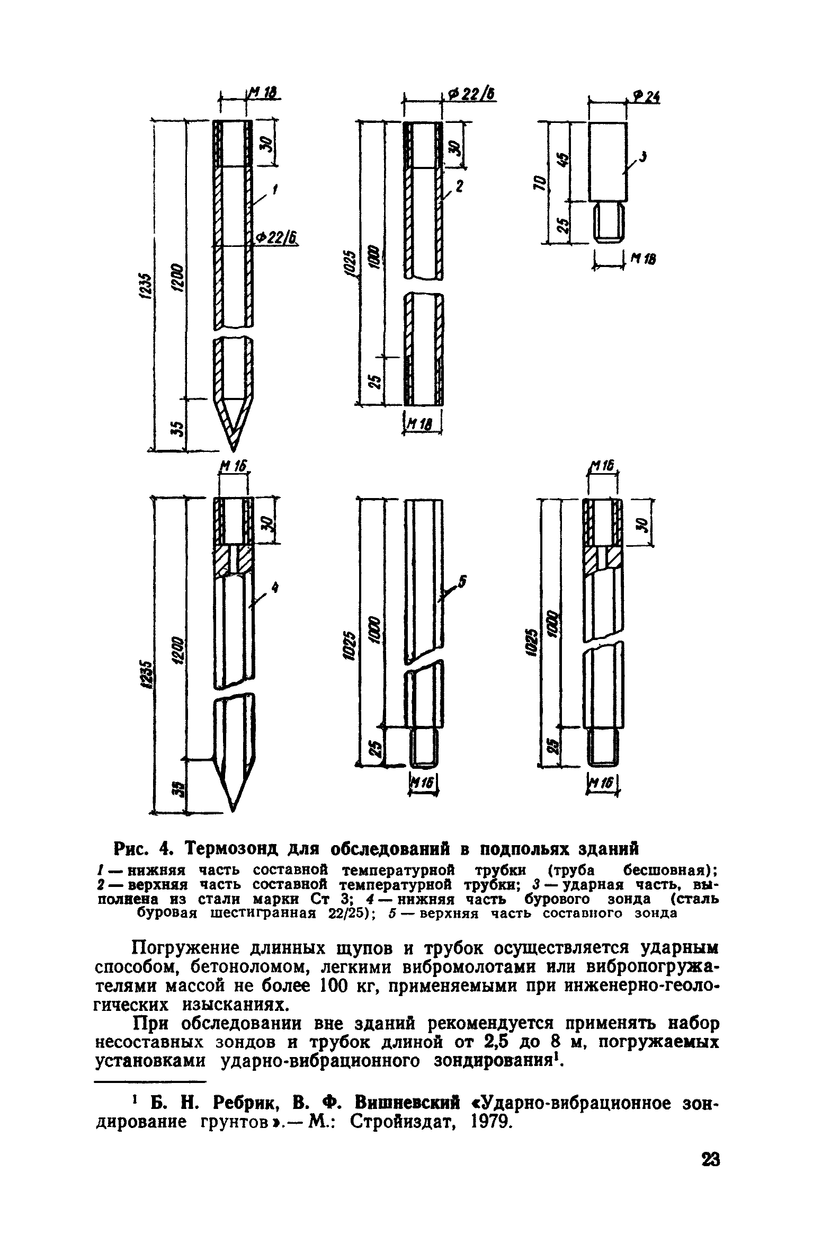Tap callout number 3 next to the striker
coord(643,157)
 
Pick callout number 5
coord(462,582)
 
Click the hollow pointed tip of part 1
coord(233,421)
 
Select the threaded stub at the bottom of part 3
coord(607,223)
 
